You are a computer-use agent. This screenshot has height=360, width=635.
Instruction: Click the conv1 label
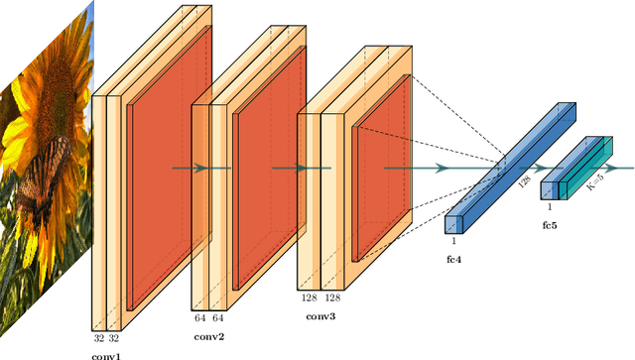[106, 355]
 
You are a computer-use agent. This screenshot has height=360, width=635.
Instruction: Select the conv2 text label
[210, 336]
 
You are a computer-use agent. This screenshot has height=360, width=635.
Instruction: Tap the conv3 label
[320, 317]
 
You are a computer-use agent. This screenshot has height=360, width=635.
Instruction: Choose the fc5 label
[549, 226]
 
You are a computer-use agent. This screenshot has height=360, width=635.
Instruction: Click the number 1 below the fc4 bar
[454, 241]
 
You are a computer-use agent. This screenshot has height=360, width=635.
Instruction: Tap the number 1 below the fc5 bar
[550, 207]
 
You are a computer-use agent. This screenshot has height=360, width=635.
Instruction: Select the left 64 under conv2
[199, 317]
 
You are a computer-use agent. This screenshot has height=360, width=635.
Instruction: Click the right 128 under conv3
[334, 298]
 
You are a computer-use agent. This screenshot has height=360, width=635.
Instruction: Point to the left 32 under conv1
[98, 337]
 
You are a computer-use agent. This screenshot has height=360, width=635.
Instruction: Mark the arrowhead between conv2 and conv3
[306, 168]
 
